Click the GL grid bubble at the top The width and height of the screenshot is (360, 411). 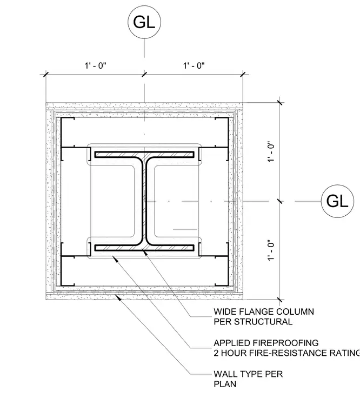[x=144, y=22]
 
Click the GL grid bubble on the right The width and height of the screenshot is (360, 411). [x=337, y=201]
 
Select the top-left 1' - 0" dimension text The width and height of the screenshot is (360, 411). [x=95, y=65]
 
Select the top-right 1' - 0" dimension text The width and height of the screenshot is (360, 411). [x=194, y=65]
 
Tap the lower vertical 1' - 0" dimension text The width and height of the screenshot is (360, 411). [x=271, y=250]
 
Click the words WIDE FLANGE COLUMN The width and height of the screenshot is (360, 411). [x=264, y=311]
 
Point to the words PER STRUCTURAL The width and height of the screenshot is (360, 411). [x=253, y=322]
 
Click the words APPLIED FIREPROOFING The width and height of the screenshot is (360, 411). [x=266, y=343]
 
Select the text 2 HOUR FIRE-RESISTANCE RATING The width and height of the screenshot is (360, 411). [x=286, y=353]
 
